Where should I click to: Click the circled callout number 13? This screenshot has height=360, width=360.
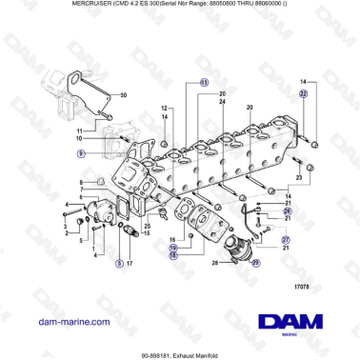click(203, 84)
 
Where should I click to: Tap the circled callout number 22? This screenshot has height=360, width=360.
click(303, 94)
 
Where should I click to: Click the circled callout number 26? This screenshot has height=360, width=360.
click(289, 210)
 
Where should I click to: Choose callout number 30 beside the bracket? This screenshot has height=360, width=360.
click(123, 94)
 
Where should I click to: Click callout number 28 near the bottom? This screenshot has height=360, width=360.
click(216, 261)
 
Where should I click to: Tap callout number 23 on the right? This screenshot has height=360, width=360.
click(299, 177)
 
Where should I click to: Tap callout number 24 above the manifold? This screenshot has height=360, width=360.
click(222, 100)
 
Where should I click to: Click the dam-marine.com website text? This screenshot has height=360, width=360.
click(71, 321)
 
